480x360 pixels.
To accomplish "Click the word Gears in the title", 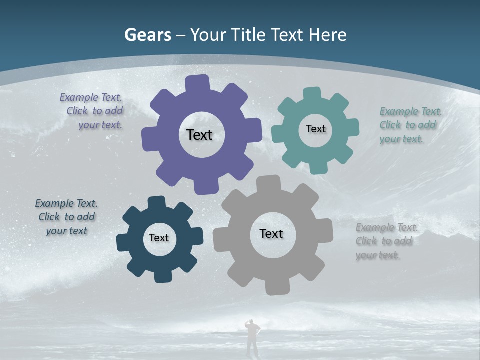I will pos(148,35).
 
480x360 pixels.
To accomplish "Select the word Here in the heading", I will pos(328,35).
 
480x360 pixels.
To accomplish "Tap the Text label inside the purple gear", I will pos(199,135).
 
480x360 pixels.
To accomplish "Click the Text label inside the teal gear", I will pos(315,129).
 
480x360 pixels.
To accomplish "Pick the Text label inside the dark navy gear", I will pos(159,238).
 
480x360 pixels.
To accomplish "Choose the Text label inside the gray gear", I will pos(271,233).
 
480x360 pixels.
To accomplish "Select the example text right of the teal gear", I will pos(409,125).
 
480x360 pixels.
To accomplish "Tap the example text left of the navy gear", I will pos(66,217).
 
